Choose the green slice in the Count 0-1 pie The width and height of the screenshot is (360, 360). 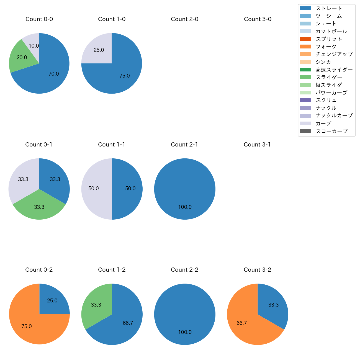tap(39, 206)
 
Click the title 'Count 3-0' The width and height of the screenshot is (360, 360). tap(258, 19)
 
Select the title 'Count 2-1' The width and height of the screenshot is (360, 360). tap(184, 145)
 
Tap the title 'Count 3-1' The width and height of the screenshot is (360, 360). tap(257, 145)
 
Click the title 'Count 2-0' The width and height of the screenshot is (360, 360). tap(184, 19)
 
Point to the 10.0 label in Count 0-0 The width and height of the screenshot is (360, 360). tap(34, 46)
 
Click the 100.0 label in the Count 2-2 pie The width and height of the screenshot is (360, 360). tap(185, 332)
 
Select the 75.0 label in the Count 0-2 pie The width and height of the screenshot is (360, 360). tap(27, 326)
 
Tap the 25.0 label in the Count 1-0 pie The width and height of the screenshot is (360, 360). tap(99, 50)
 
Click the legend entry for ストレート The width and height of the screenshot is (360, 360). tap(329, 8)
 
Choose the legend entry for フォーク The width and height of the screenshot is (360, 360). tap(326, 47)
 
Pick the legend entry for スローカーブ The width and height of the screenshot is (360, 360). tap(331, 131)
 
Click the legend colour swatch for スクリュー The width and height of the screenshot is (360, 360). tap(305, 100)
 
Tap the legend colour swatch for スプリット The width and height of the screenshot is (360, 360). tap(305, 39)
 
